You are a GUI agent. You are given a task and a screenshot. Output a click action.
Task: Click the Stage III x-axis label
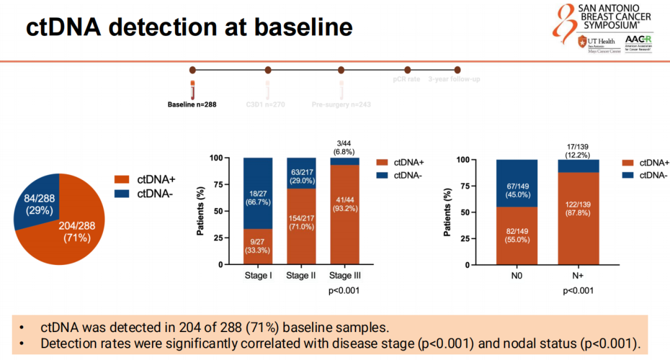point(344,276)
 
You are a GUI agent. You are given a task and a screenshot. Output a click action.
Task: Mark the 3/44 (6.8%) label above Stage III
point(344,147)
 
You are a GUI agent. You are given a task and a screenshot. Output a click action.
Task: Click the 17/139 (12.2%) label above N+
point(578,150)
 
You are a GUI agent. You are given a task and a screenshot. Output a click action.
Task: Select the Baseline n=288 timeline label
point(192,104)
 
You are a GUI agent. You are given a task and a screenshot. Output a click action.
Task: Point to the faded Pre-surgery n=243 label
point(341,104)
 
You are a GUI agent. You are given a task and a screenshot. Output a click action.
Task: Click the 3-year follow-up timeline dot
point(457,70)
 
